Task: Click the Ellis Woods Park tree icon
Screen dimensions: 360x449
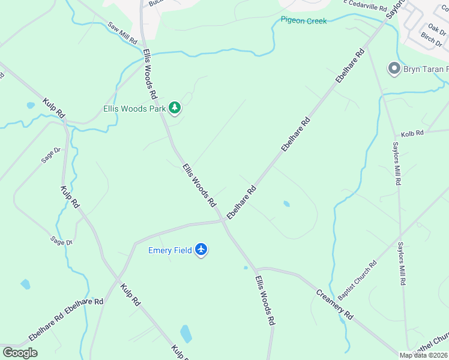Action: (175, 108)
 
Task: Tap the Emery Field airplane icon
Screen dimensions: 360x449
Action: (201, 249)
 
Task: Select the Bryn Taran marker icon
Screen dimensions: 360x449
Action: (394, 69)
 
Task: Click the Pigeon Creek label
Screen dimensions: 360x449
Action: (304, 20)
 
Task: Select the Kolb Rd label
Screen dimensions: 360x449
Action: (412, 133)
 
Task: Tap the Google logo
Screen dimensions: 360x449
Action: (20, 352)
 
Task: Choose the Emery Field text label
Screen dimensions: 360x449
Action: (170, 250)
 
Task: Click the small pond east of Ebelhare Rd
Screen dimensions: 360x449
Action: (286, 204)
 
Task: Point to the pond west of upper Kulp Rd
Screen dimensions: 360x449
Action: (31, 106)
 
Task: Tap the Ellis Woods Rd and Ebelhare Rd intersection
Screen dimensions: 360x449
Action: (224, 221)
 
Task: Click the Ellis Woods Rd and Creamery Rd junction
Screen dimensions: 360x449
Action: (257, 269)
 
